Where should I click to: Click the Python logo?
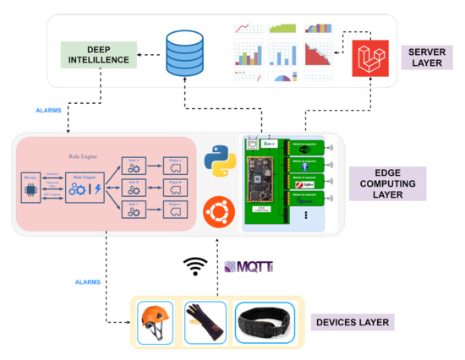click(x=219, y=161)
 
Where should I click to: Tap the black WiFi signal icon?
click(x=195, y=266)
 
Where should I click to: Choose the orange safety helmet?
click(x=155, y=322)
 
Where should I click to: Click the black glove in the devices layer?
click(x=205, y=322)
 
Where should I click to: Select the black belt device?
click(x=266, y=323)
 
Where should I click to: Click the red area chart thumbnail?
click(x=321, y=55)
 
